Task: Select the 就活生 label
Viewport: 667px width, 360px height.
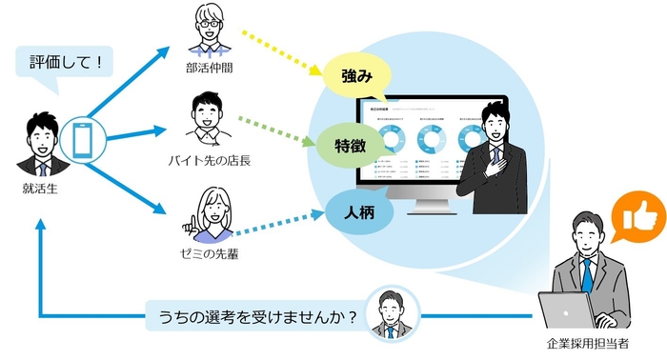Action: (41, 190)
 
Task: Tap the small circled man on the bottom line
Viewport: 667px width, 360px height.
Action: (391, 311)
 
